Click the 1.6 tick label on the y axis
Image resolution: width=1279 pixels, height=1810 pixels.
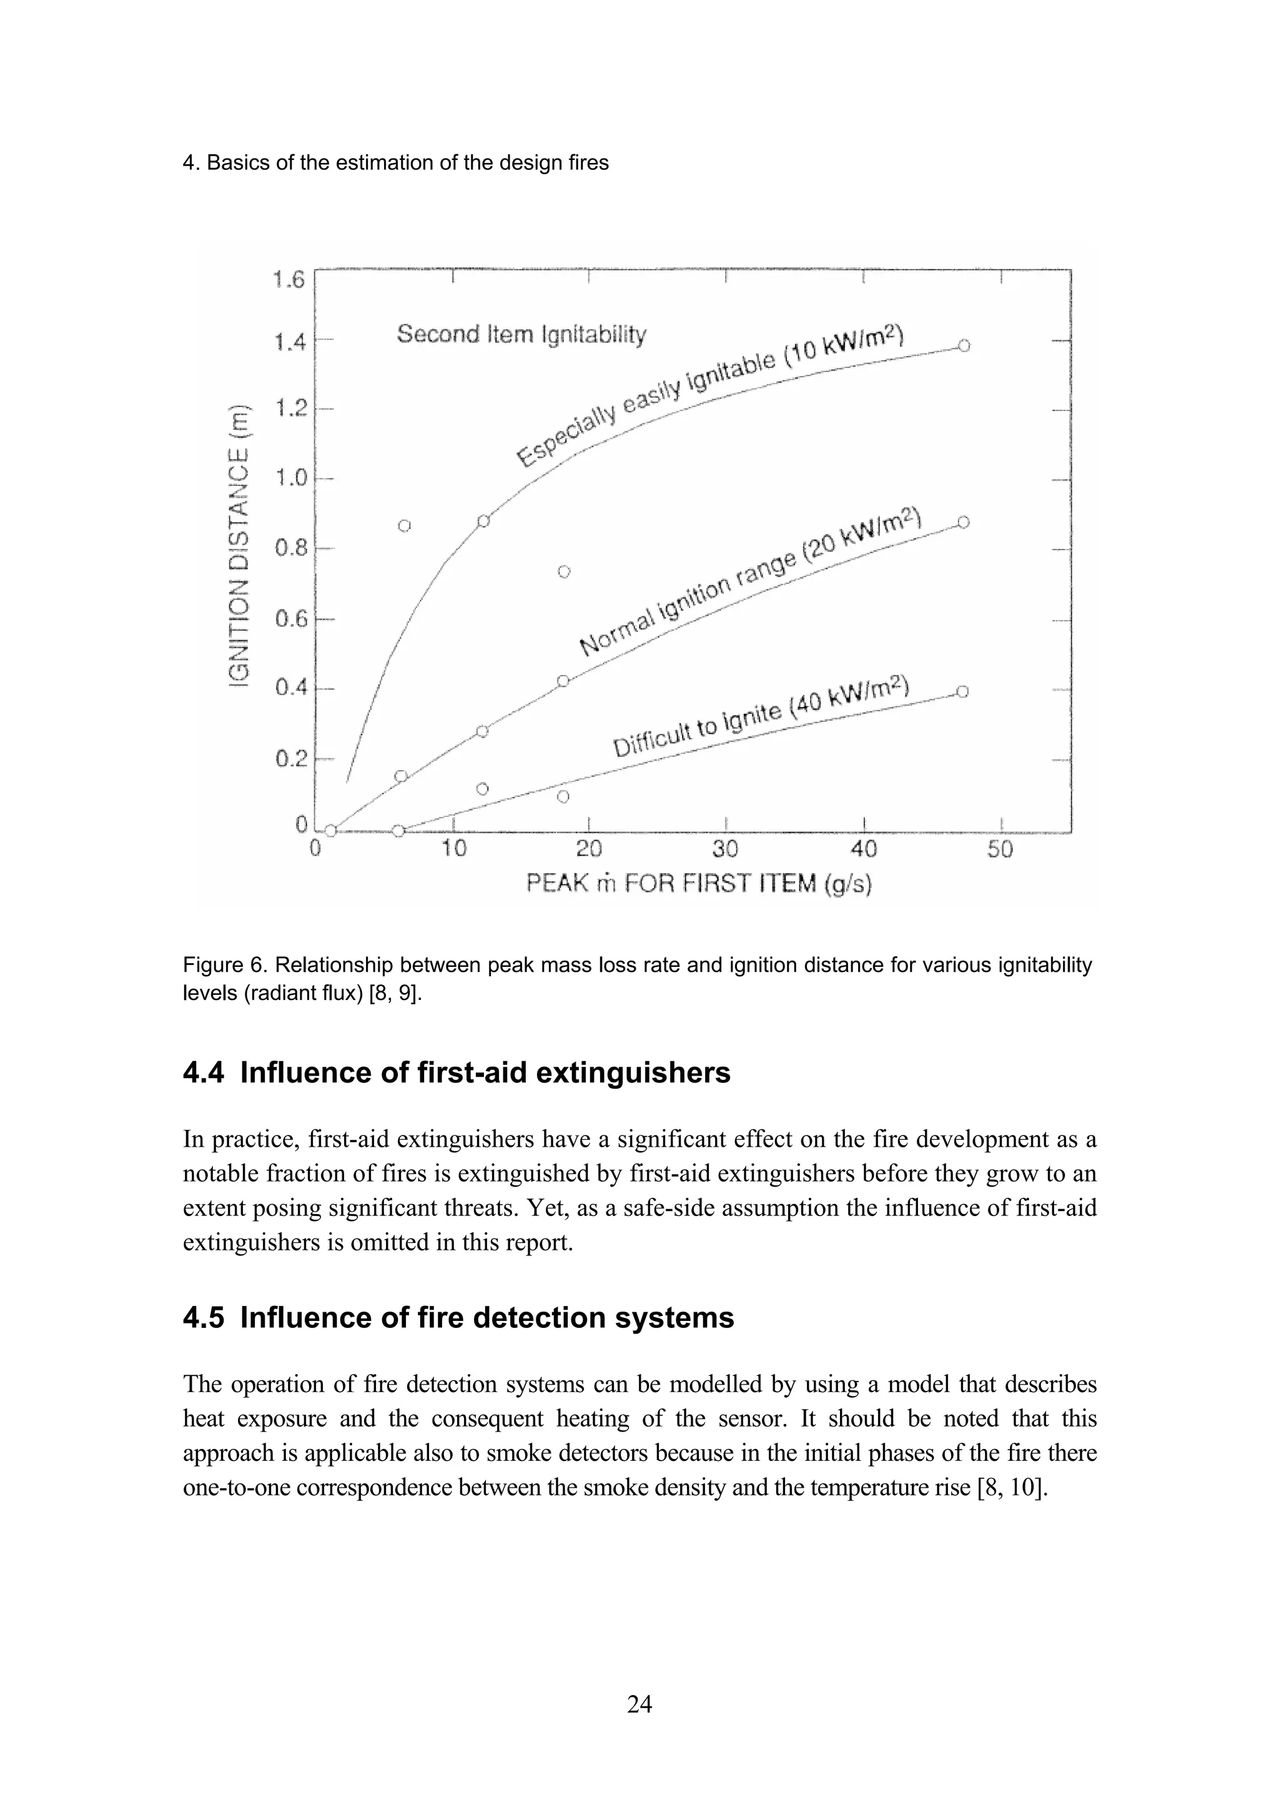[x=289, y=280]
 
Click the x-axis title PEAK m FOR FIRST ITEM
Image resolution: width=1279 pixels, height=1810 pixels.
[x=698, y=884]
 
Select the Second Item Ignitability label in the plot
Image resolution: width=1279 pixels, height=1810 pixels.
[x=521, y=334]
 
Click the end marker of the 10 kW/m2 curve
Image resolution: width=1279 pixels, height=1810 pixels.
[x=964, y=345]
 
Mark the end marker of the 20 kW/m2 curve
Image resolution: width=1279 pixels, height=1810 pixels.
[x=964, y=522]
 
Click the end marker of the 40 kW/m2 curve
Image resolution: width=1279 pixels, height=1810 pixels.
[x=963, y=692]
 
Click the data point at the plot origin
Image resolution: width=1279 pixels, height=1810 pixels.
[x=331, y=830]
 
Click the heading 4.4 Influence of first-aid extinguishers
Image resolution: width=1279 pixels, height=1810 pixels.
[x=457, y=1073]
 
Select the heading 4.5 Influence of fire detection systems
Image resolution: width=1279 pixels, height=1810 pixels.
[x=458, y=1318]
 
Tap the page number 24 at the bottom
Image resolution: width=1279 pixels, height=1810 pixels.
[x=639, y=1704]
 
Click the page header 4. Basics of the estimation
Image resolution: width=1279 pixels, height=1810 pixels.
[x=395, y=163]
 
